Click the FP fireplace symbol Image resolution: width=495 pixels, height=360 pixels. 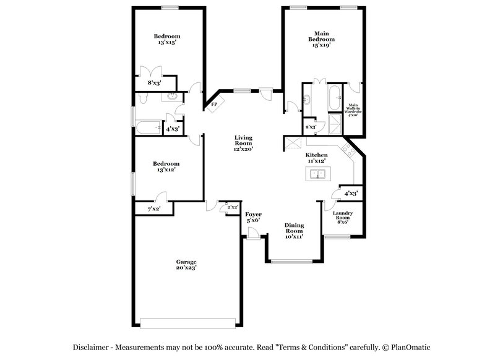coord(214,104)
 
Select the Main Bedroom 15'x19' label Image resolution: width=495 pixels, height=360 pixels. coord(321,40)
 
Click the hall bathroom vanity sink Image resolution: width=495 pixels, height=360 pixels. coord(171,97)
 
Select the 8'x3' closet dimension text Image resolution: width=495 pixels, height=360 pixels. coord(154,82)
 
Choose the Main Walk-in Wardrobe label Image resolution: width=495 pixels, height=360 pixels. coord(353,109)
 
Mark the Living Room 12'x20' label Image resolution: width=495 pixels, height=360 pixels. coord(243,144)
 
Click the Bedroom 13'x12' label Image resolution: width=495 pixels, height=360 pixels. coord(166,167)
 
